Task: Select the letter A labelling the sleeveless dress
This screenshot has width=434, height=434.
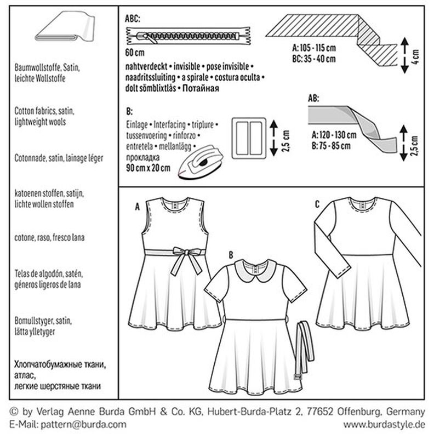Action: coord(137,208)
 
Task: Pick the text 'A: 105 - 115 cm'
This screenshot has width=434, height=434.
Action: coord(317,49)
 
